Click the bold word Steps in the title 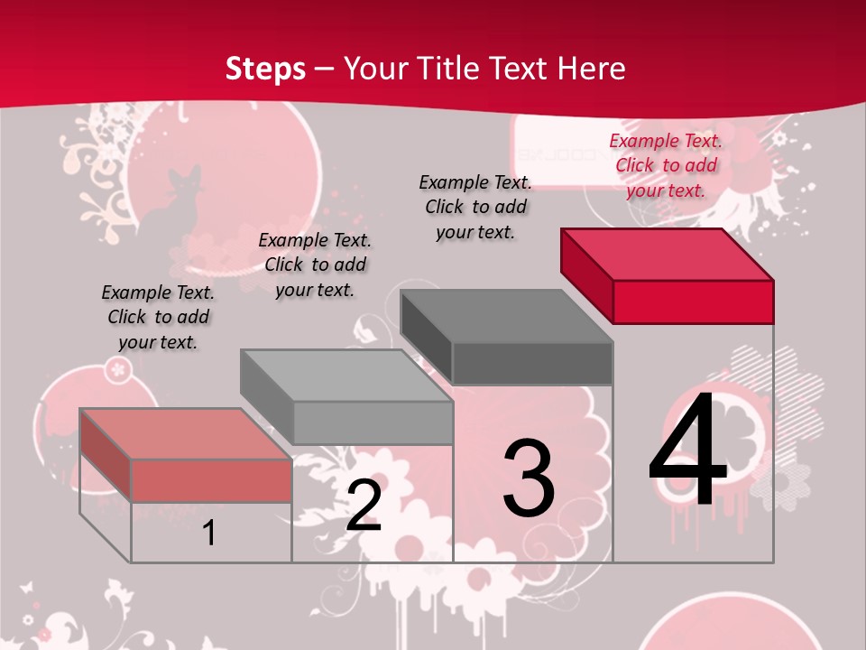pyautogui.click(x=265, y=69)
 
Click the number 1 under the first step pyautogui.click(x=208, y=534)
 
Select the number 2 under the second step pyautogui.click(x=364, y=506)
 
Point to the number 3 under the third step pyautogui.click(x=528, y=478)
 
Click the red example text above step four pyautogui.click(x=666, y=165)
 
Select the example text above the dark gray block pyautogui.click(x=475, y=207)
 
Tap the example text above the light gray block pyautogui.click(x=315, y=265)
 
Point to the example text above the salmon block pyautogui.click(x=158, y=317)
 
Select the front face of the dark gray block pyautogui.click(x=532, y=364)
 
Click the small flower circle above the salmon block pyautogui.click(x=118, y=368)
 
